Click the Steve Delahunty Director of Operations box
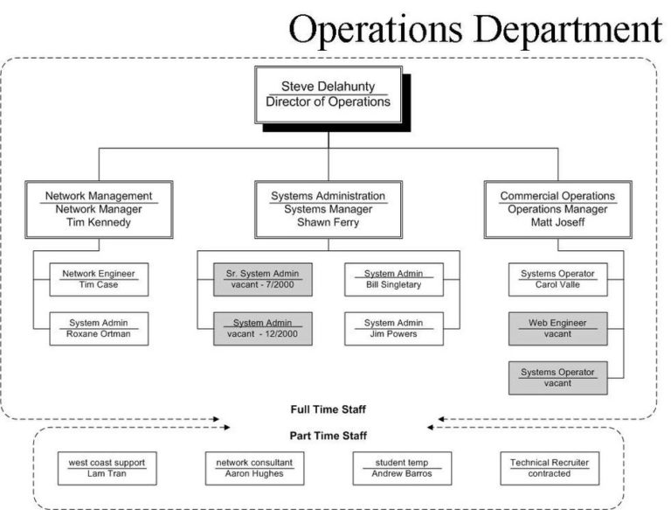coord(328,94)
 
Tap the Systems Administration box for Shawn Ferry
coord(329,209)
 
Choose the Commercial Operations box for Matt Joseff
coord(557,209)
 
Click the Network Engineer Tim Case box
coord(99,279)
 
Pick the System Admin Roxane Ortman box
coord(99,328)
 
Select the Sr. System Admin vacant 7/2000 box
coord(262,279)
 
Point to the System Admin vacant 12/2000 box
coord(262,328)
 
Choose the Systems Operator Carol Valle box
coord(557,279)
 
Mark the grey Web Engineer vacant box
coord(557,328)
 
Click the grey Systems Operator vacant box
coord(557,377)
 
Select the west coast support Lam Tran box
coord(107,467)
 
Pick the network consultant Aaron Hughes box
coord(254,467)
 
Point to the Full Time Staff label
coord(329,409)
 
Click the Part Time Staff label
coord(329,435)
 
